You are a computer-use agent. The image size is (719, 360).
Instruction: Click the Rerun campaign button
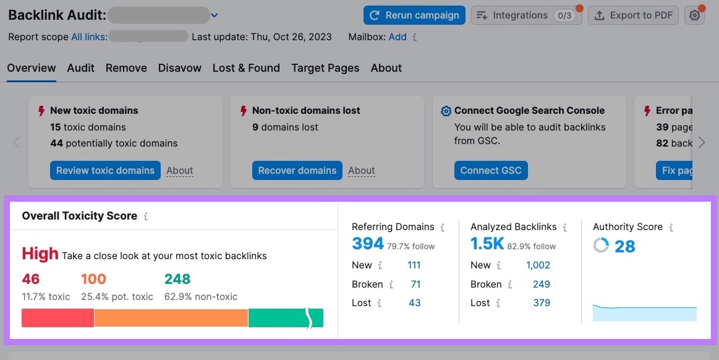point(414,15)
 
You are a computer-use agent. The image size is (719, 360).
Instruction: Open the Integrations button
point(525,15)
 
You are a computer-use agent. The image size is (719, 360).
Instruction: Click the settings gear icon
point(695,15)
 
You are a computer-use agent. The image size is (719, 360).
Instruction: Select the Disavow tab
point(179,68)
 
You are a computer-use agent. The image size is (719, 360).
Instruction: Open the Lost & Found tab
point(246,68)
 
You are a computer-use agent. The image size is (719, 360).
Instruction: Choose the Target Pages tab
point(325,68)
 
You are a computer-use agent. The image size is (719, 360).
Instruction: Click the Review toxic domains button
point(105,171)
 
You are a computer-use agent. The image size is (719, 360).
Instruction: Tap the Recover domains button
point(297,171)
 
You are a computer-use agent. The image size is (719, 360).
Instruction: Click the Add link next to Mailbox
point(398,37)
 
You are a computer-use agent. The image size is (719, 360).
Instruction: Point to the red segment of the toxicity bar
point(57,318)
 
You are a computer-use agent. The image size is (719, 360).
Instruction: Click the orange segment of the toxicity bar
point(171,318)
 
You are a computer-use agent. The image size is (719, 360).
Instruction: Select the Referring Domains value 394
point(368,244)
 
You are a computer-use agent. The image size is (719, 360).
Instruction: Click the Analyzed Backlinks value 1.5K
point(487,244)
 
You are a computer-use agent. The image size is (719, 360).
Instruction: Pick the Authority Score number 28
point(624,246)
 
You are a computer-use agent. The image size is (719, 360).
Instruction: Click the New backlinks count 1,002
point(538,265)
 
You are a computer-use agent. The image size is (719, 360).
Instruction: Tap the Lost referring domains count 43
point(414,303)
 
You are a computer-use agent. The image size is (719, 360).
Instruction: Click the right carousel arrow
point(701,143)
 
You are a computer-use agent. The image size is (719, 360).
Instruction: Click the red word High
point(40,254)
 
